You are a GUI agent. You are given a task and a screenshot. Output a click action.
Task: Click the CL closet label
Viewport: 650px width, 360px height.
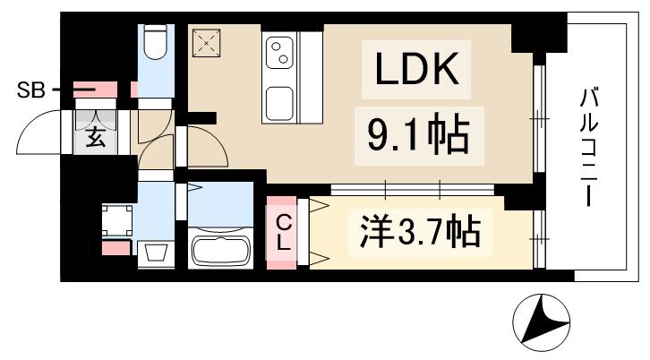[282, 230]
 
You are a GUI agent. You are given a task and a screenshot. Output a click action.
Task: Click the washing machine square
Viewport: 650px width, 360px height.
[116, 219]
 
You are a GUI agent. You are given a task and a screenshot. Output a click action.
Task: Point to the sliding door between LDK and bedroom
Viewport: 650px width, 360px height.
[412, 189]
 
